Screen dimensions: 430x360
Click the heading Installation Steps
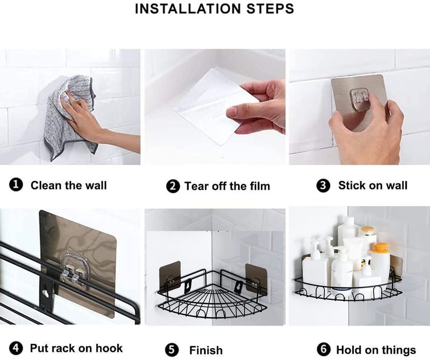214,9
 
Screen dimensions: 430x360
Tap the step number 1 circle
16,184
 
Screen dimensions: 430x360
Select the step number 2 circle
173,186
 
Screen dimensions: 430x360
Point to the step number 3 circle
324,186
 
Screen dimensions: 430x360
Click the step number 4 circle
16,348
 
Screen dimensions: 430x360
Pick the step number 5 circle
172,350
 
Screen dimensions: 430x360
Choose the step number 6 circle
324,349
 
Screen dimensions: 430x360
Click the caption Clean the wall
69,185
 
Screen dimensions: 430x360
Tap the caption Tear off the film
227,186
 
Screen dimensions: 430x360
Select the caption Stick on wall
372,185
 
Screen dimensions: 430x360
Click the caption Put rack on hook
76,348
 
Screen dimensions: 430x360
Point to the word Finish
206,350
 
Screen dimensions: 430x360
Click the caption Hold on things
376,350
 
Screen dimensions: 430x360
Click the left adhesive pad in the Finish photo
169,275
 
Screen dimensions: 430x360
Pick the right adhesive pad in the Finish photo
256,277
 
